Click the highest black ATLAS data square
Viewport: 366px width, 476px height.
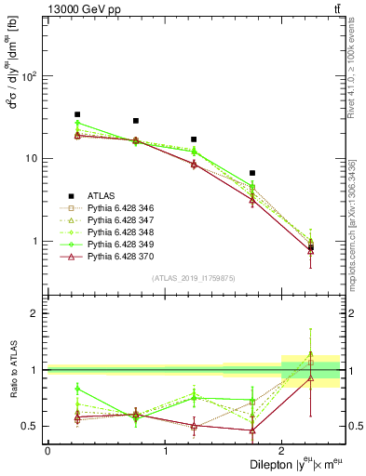point(77,114)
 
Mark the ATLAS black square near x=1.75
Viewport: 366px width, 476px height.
point(252,173)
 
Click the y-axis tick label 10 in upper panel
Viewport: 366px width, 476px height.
point(36,158)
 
